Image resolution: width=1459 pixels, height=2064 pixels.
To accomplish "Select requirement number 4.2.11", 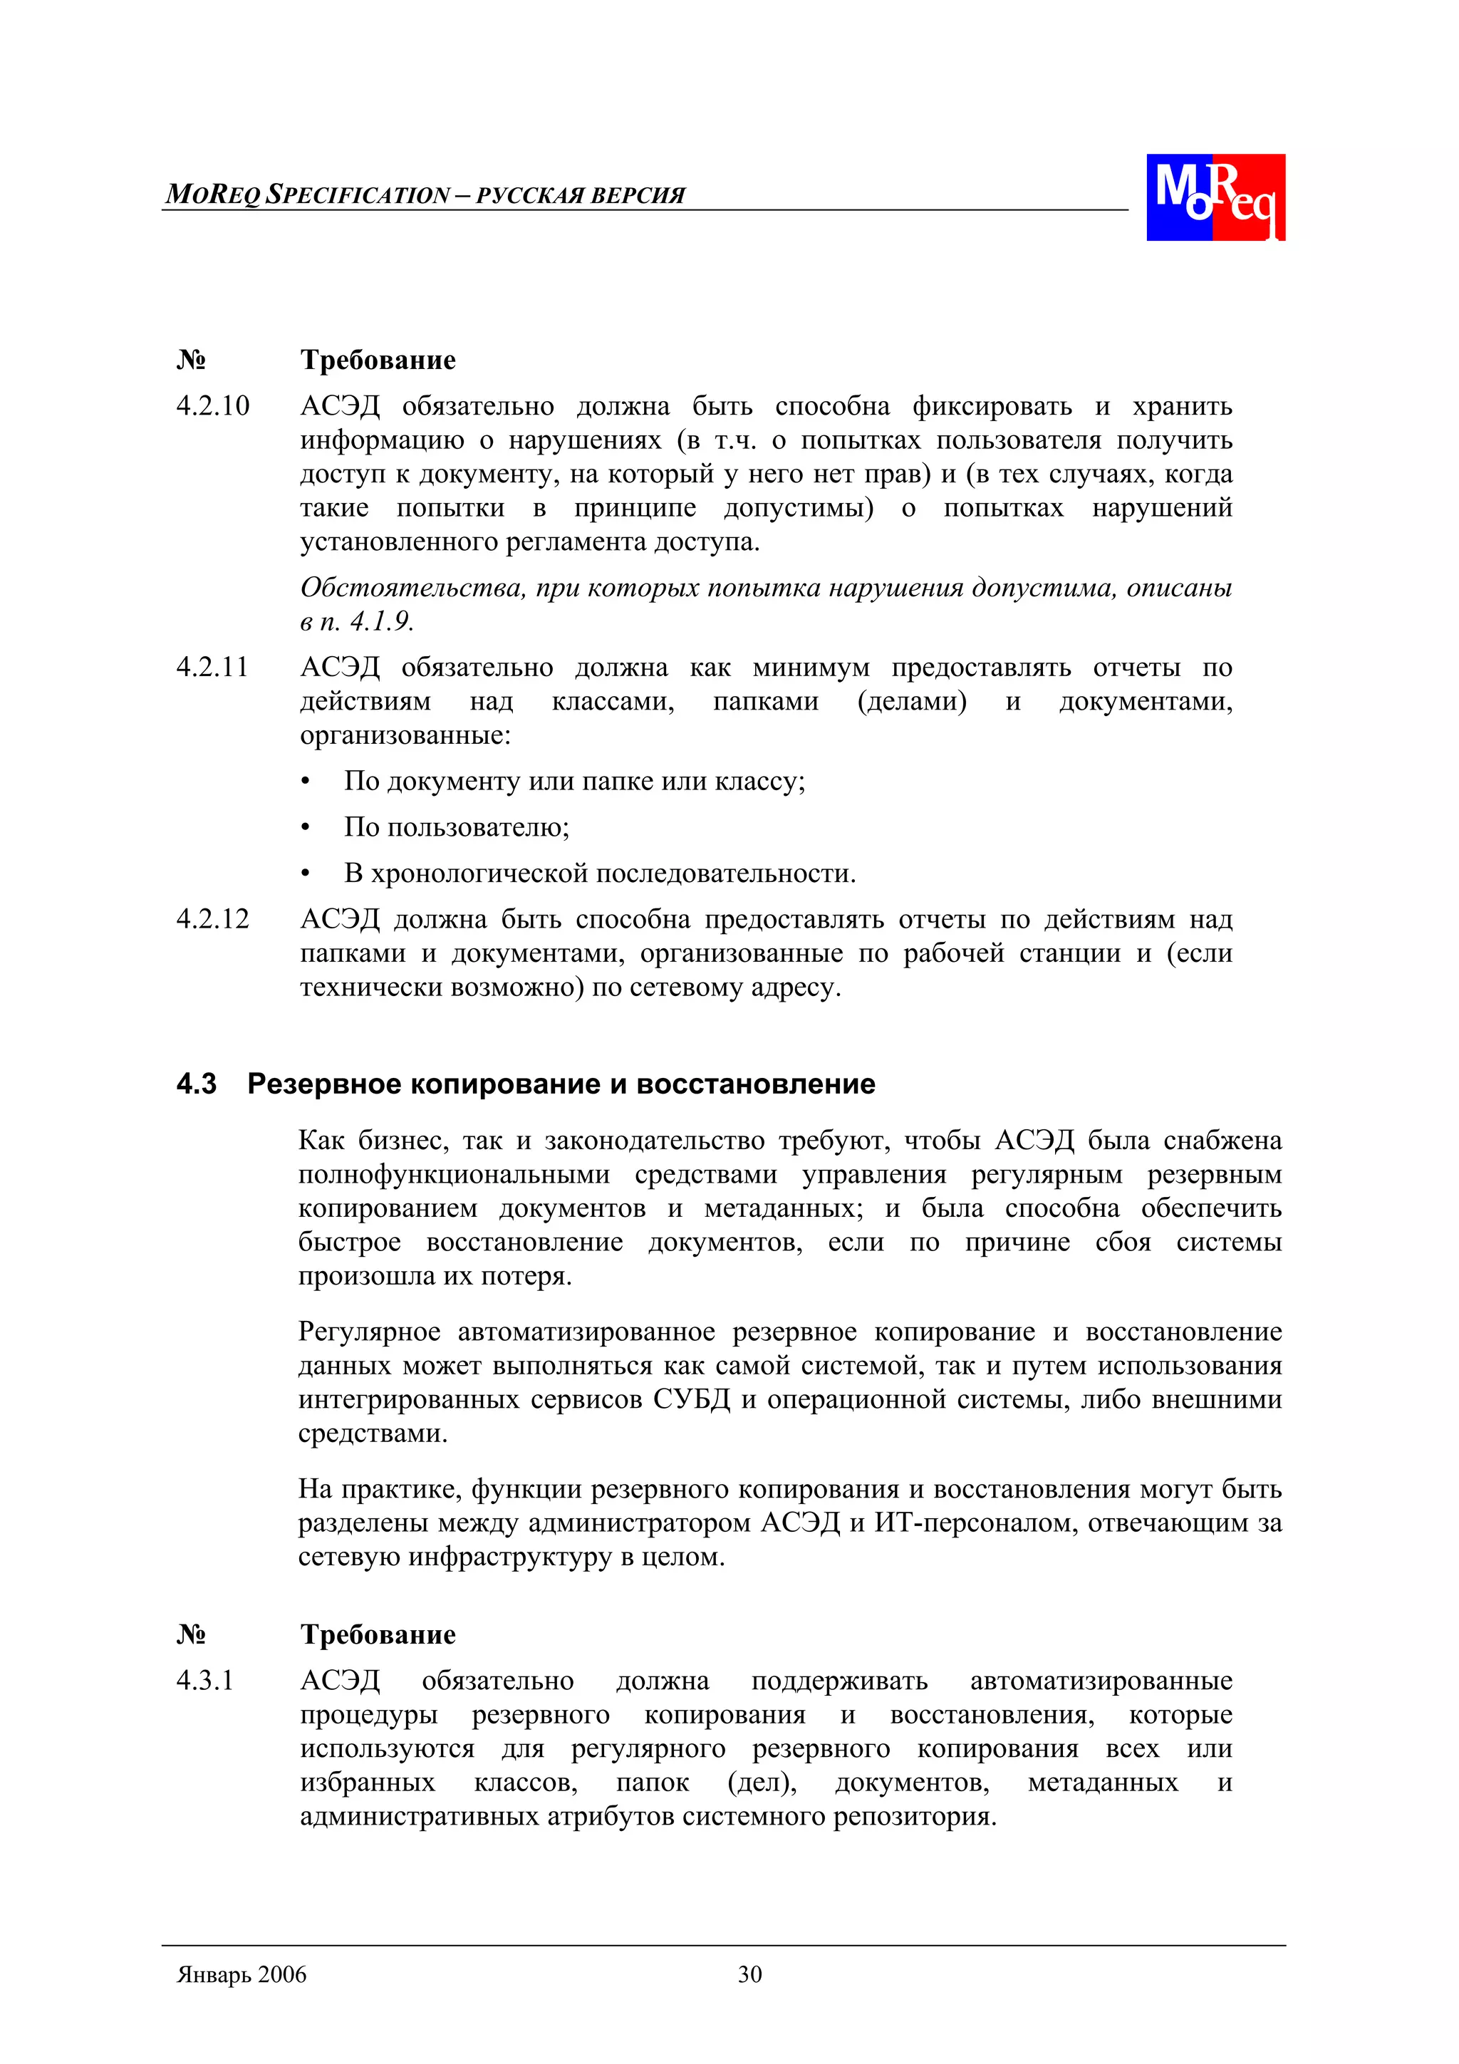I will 212,667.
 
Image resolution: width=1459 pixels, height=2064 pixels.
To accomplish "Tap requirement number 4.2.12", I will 213,919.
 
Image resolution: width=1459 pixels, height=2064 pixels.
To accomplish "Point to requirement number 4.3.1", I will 205,1681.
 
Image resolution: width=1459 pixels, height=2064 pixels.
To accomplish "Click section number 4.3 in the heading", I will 197,1084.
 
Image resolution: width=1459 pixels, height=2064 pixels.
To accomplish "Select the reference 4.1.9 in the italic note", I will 381,621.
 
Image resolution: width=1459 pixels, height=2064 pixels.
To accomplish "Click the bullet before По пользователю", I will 306,828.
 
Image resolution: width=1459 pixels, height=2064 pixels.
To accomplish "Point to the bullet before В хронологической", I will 306,873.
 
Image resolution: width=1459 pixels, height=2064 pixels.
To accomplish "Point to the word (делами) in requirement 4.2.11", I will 912,701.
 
